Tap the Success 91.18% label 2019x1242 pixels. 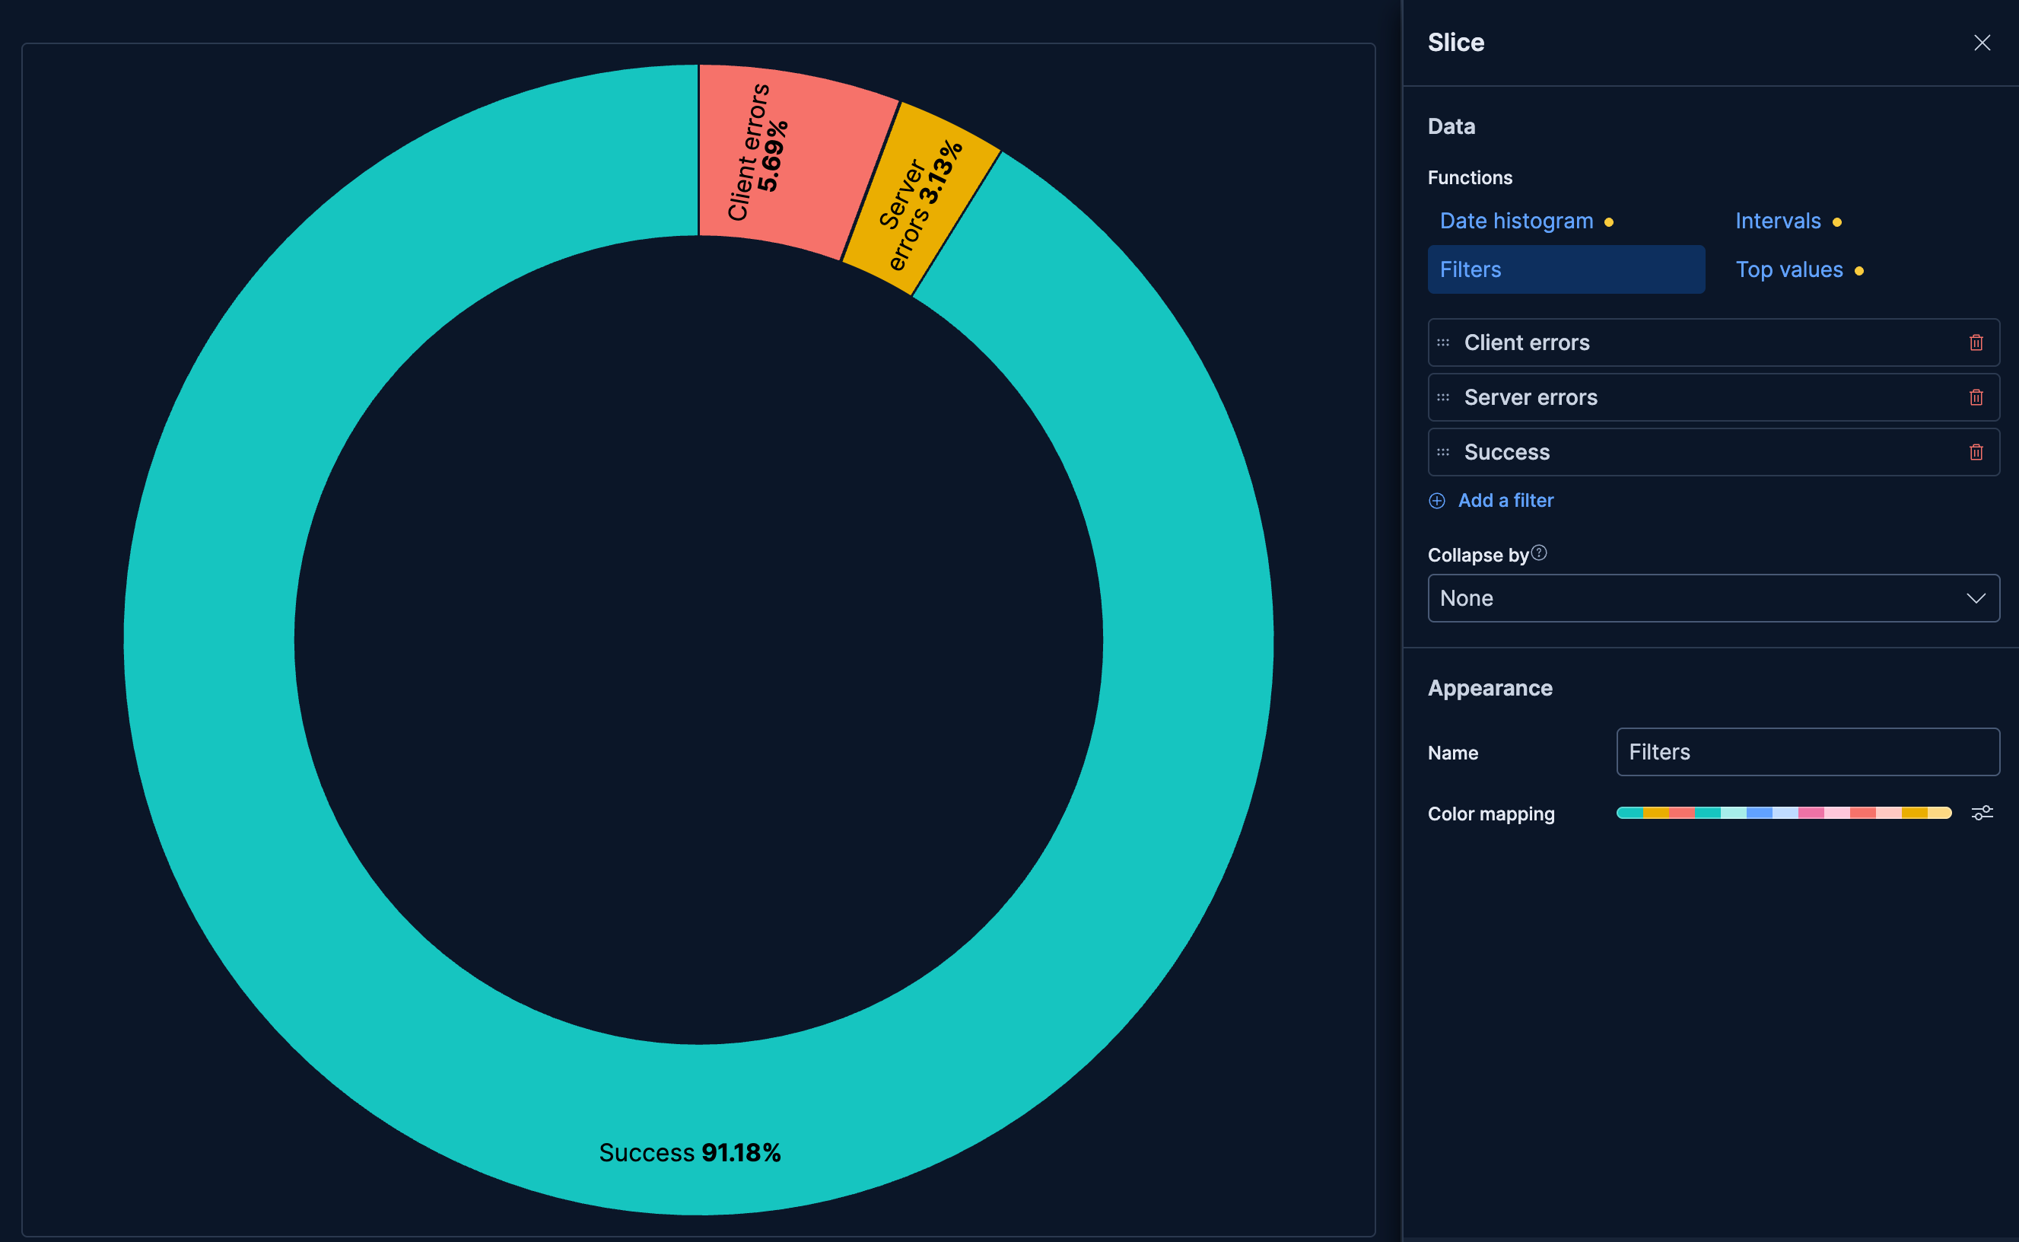(690, 1152)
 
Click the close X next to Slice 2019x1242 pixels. (1981, 43)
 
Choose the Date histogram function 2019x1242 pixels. (1515, 221)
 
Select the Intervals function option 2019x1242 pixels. (1778, 221)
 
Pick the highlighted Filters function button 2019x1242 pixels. (1565, 269)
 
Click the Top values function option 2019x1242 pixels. (1788, 269)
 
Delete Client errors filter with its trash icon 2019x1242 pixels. (1976, 342)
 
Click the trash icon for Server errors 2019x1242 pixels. (1976, 397)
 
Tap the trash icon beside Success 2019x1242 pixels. (1976, 452)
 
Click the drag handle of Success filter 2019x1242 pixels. (1442, 452)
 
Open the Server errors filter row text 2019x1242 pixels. (1531, 397)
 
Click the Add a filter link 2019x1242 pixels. (1504, 500)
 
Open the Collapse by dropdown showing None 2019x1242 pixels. (1712, 598)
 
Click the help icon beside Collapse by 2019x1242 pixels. (1539, 553)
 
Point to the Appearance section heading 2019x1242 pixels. (1490, 689)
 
